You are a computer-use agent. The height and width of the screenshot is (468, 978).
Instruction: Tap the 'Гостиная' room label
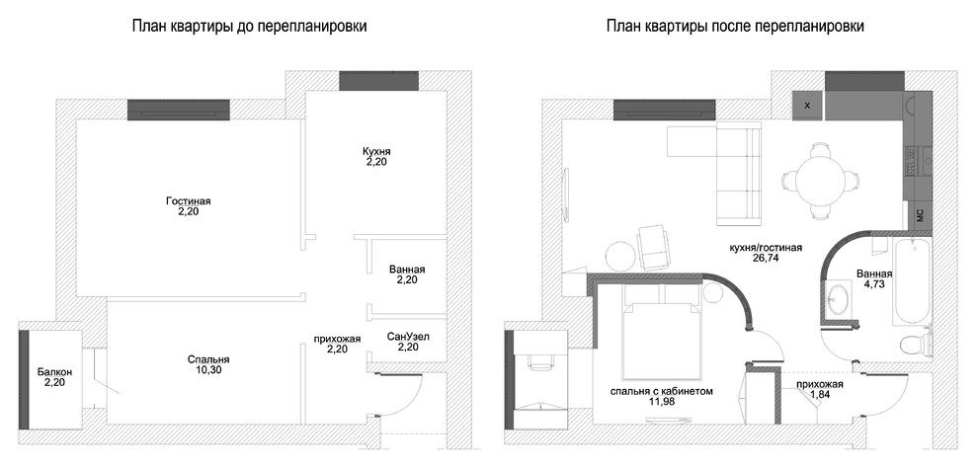point(188,201)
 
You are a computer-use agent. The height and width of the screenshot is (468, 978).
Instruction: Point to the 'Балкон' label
point(54,371)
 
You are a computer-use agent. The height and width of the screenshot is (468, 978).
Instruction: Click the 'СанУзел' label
point(408,336)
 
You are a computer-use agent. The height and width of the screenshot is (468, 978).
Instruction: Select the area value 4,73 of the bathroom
point(876,287)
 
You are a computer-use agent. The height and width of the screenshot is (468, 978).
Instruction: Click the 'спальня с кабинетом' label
point(662,391)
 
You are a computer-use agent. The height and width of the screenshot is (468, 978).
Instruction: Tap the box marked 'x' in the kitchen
point(807,105)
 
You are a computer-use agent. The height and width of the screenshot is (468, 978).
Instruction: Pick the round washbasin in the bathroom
point(841,296)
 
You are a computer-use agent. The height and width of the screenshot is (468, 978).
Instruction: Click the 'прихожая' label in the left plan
point(337,338)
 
